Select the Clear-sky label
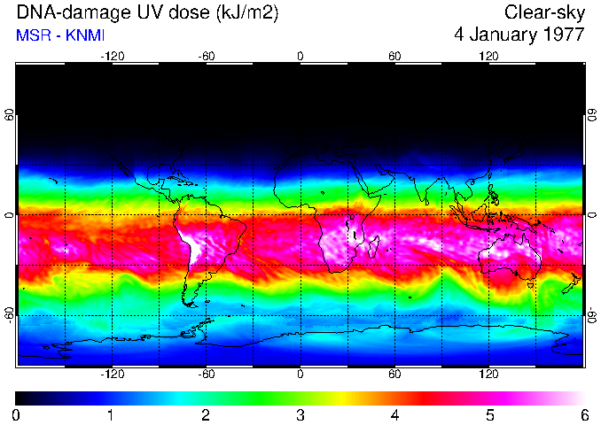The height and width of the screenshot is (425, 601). click(x=544, y=12)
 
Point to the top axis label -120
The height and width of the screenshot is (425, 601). click(x=112, y=56)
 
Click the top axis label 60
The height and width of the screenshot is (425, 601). click(x=394, y=56)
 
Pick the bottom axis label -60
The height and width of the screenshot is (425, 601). click(x=206, y=375)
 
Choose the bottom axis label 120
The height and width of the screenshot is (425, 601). click(x=488, y=375)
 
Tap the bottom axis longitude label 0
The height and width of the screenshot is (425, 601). click(x=300, y=375)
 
